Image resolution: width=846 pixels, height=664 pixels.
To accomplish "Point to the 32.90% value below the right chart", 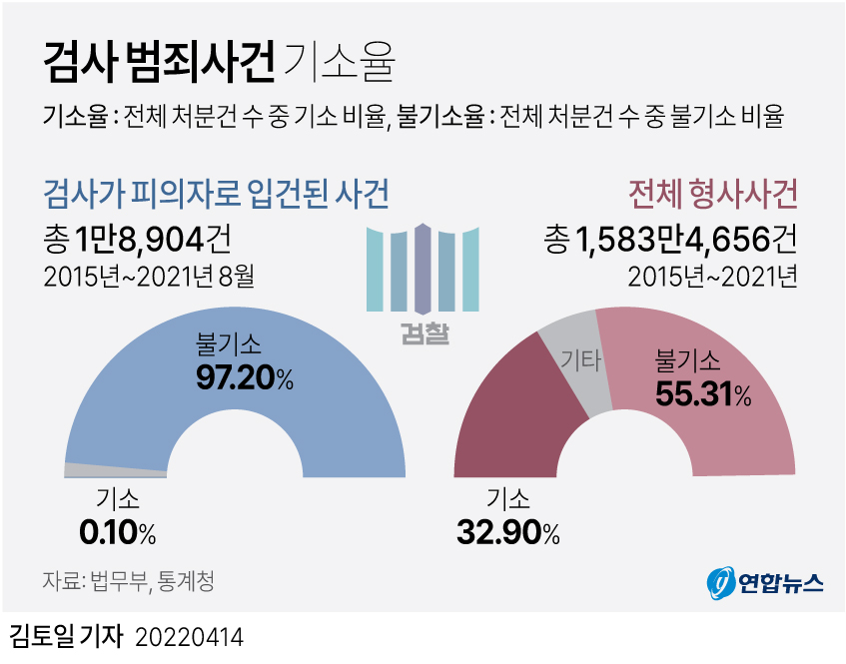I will (507, 533).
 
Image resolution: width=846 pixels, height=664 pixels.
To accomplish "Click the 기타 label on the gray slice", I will (580, 359).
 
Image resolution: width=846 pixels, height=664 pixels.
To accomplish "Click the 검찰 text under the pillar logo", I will (423, 332).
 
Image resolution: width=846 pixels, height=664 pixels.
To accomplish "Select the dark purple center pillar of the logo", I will (423, 268).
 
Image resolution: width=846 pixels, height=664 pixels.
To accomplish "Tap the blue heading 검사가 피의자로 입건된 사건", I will (216, 192).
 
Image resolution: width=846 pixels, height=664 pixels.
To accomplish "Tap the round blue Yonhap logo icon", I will (720, 582).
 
